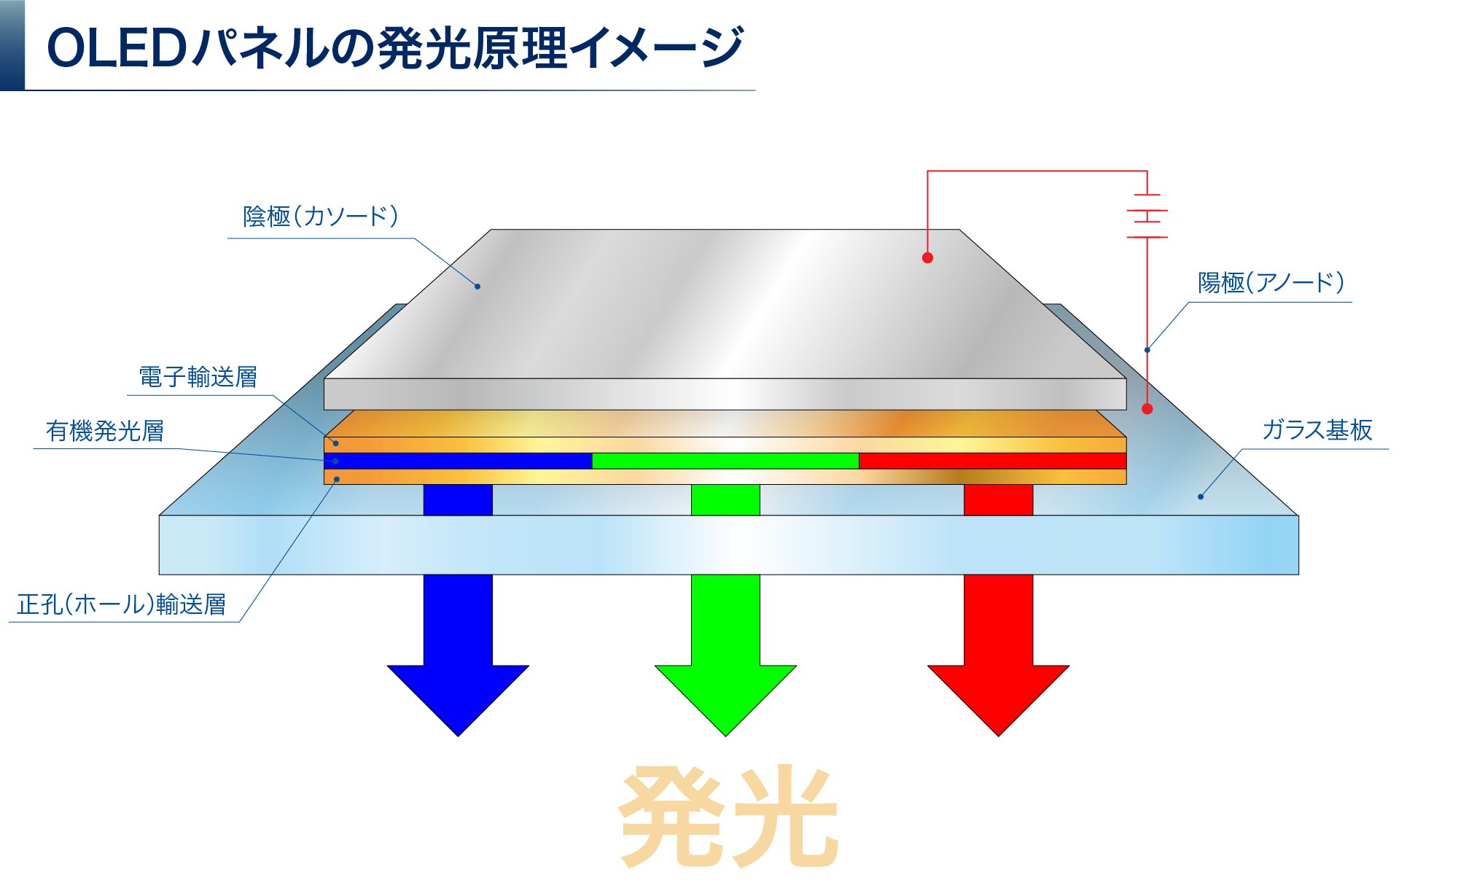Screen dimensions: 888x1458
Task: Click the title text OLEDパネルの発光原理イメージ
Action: click(394, 48)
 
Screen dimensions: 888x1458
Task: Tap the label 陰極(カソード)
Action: click(321, 217)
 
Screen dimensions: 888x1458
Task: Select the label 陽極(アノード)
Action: click(1271, 283)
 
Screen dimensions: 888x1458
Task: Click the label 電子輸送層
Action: click(198, 378)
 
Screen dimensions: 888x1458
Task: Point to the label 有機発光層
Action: click(105, 432)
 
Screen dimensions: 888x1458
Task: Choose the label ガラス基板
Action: click(1317, 430)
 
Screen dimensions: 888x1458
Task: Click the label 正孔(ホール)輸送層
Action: click(122, 605)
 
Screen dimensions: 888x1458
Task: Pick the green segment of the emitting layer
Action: click(725, 461)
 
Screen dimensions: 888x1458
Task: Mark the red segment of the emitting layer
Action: click(993, 461)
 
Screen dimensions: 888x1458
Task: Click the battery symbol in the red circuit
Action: click(1147, 216)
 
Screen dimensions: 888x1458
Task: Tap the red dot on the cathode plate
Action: click(927, 257)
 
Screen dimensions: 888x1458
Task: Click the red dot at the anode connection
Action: click(1147, 409)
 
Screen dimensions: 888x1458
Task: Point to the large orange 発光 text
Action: click(728, 817)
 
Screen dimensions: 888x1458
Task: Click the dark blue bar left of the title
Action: click(12, 44)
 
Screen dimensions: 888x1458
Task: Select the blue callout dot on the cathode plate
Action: click(477, 287)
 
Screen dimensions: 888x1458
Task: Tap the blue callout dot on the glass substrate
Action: click(1201, 496)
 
